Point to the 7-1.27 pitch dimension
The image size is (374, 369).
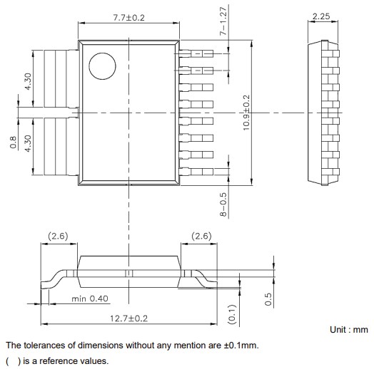[223, 22]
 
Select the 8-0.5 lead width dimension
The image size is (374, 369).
[223, 204]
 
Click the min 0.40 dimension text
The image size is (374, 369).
[90, 299]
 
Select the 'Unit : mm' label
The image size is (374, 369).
[348, 331]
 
